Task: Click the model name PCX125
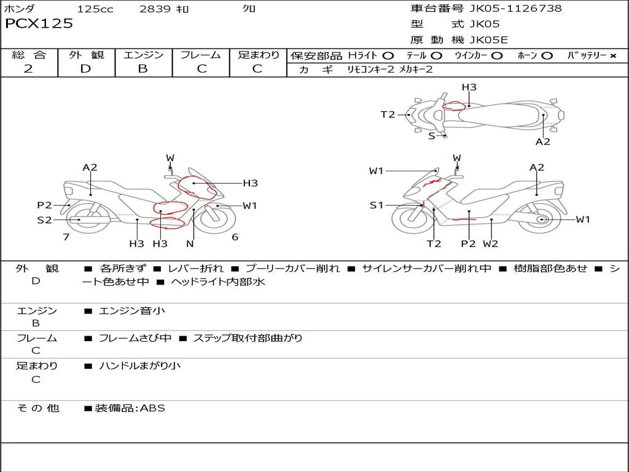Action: click(39, 24)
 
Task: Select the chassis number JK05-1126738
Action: click(515, 9)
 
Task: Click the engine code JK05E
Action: click(489, 41)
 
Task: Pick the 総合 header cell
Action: click(29, 55)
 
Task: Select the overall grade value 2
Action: click(28, 69)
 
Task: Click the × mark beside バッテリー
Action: click(612, 56)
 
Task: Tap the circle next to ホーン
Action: click(547, 56)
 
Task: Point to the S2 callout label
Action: click(44, 219)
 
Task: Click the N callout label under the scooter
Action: click(190, 243)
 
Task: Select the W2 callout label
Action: click(490, 243)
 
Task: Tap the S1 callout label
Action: click(376, 205)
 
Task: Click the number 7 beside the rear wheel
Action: click(66, 237)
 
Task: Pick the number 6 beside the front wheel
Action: click(235, 237)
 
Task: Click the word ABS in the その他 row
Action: click(153, 408)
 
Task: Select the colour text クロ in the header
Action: click(249, 9)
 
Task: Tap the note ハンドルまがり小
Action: click(140, 366)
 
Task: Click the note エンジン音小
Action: click(132, 311)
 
